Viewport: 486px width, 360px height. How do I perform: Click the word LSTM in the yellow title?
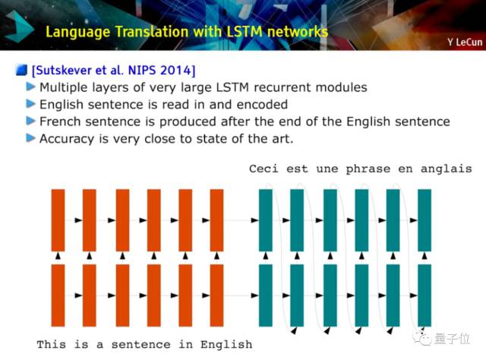[244, 32]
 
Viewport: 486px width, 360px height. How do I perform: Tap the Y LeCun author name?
[465, 42]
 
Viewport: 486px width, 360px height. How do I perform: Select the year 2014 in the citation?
[175, 71]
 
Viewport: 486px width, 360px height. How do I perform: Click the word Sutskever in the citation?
[64, 71]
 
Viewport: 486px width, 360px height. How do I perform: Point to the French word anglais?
[446, 169]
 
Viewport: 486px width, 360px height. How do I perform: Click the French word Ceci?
[264, 169]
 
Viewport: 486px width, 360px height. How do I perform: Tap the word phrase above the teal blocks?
[368, 169]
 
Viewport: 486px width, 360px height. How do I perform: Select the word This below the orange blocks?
[52, 344]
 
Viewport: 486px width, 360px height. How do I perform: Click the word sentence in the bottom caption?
[140, 345]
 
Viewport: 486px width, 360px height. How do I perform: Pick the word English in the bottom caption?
[226, 345]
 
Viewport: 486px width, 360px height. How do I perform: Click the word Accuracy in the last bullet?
[67, 139]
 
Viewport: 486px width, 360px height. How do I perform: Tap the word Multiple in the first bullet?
[64, 88]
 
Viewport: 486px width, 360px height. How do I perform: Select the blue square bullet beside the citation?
[21, 70]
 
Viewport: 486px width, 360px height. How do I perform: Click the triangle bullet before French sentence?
[30, 120]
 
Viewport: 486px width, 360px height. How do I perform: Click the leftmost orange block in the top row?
[58, 220]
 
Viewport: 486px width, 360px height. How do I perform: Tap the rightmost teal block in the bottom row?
[424, 295]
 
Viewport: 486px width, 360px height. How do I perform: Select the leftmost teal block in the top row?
[266, 220]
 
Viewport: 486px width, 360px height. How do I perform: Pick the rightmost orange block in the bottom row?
[216, 295]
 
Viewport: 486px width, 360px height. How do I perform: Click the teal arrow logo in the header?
[19, 27]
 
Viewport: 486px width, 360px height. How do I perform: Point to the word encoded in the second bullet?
[262, 105]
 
